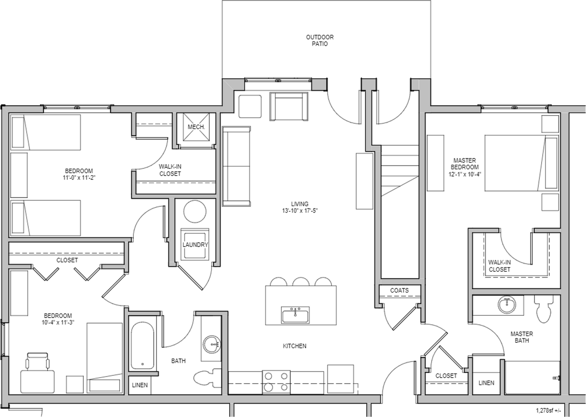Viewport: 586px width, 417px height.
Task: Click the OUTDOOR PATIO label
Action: pyautogui.click(x=320, y=40)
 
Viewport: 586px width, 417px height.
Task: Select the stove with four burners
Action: pyautogui.click(x=276, y=381)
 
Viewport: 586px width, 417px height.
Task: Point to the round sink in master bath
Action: pyautogui.click(x=506, y=305)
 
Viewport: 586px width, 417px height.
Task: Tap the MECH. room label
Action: pyautogui.click(x=195, y=126)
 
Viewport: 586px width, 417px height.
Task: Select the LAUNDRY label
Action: pyautogui.click(x=195, y=245)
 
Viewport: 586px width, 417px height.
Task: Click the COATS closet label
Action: pyautogui.click(x=399, y=291)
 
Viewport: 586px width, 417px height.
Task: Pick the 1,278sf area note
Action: pyautogui.click(x=548, y=411)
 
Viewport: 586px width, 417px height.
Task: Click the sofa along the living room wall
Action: pyautogui.click(x=237, y=166)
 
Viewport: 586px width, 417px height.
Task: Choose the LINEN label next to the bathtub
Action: pyautogui.click(x=140, y=385)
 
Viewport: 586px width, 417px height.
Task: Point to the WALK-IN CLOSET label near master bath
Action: pyautogui.click(x=499, y=266)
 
